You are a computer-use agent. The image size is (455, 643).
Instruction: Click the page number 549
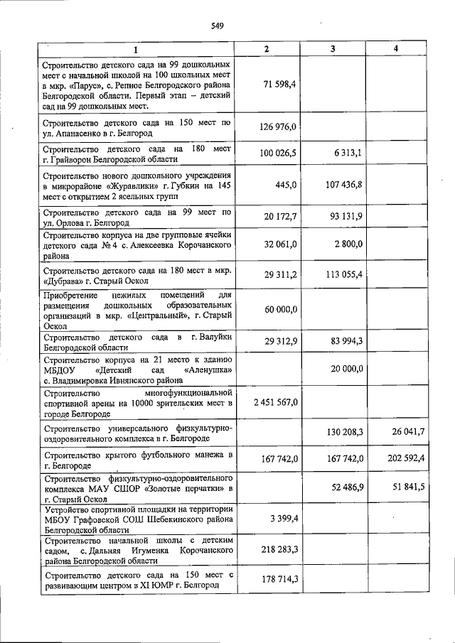tap(218, 26)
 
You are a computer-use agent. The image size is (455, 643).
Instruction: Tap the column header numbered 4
tap(397, 48)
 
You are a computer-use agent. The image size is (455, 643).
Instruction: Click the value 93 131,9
tap(345, 217)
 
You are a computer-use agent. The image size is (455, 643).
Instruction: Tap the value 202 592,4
tap(405, 459)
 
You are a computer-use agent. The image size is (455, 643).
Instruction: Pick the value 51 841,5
tap(408, 486)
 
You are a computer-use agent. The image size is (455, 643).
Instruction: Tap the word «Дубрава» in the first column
tap(63, 281)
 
